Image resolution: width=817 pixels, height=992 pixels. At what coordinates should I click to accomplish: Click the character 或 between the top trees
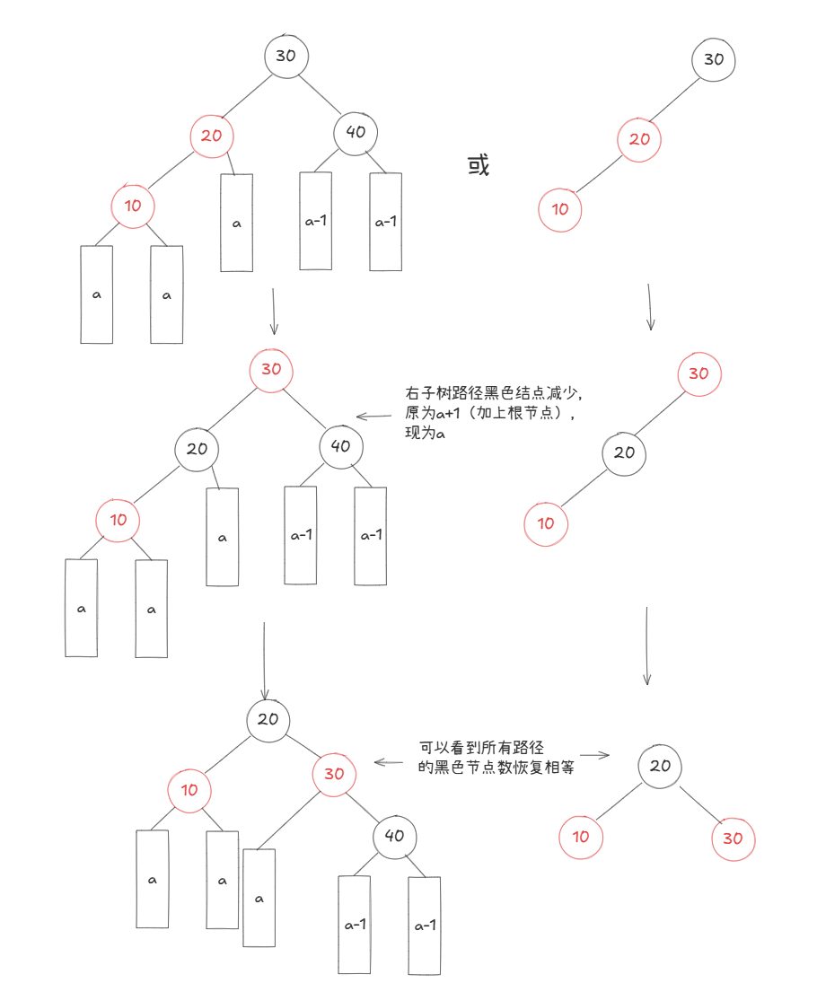coord(479,166)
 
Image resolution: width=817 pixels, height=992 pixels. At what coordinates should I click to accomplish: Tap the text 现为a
coord(426,434)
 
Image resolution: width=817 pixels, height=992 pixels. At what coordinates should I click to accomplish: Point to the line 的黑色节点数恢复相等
coord(496,768)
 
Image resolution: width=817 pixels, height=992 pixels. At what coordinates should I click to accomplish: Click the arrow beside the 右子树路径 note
coord(374,416)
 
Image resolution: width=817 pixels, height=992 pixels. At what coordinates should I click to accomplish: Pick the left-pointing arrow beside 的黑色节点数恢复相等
coord(388,763)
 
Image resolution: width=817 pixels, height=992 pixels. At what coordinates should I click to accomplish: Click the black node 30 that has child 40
coord(286,56)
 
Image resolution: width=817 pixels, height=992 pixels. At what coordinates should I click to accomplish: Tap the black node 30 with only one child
coord(714,59)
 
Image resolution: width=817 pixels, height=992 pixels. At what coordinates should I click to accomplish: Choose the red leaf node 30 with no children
coord(734,838)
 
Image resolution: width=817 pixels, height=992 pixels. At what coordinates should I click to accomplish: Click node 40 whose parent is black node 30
coord(356,132)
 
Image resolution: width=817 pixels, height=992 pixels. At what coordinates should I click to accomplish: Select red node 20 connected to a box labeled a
coord(212,136)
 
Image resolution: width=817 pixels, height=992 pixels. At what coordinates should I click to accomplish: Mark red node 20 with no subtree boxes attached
coord(639,140)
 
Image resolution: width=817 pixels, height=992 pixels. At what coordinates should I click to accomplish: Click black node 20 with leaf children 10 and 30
coord(660,766)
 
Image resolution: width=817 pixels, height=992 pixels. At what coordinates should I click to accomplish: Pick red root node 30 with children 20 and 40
coord(271,369)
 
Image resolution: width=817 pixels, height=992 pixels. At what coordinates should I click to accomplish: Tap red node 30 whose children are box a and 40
coord(334,773)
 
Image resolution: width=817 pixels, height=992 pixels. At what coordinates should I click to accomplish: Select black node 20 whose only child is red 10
coord(624,452)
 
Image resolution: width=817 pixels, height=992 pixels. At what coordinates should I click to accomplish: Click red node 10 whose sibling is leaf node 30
coord(581,837)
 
